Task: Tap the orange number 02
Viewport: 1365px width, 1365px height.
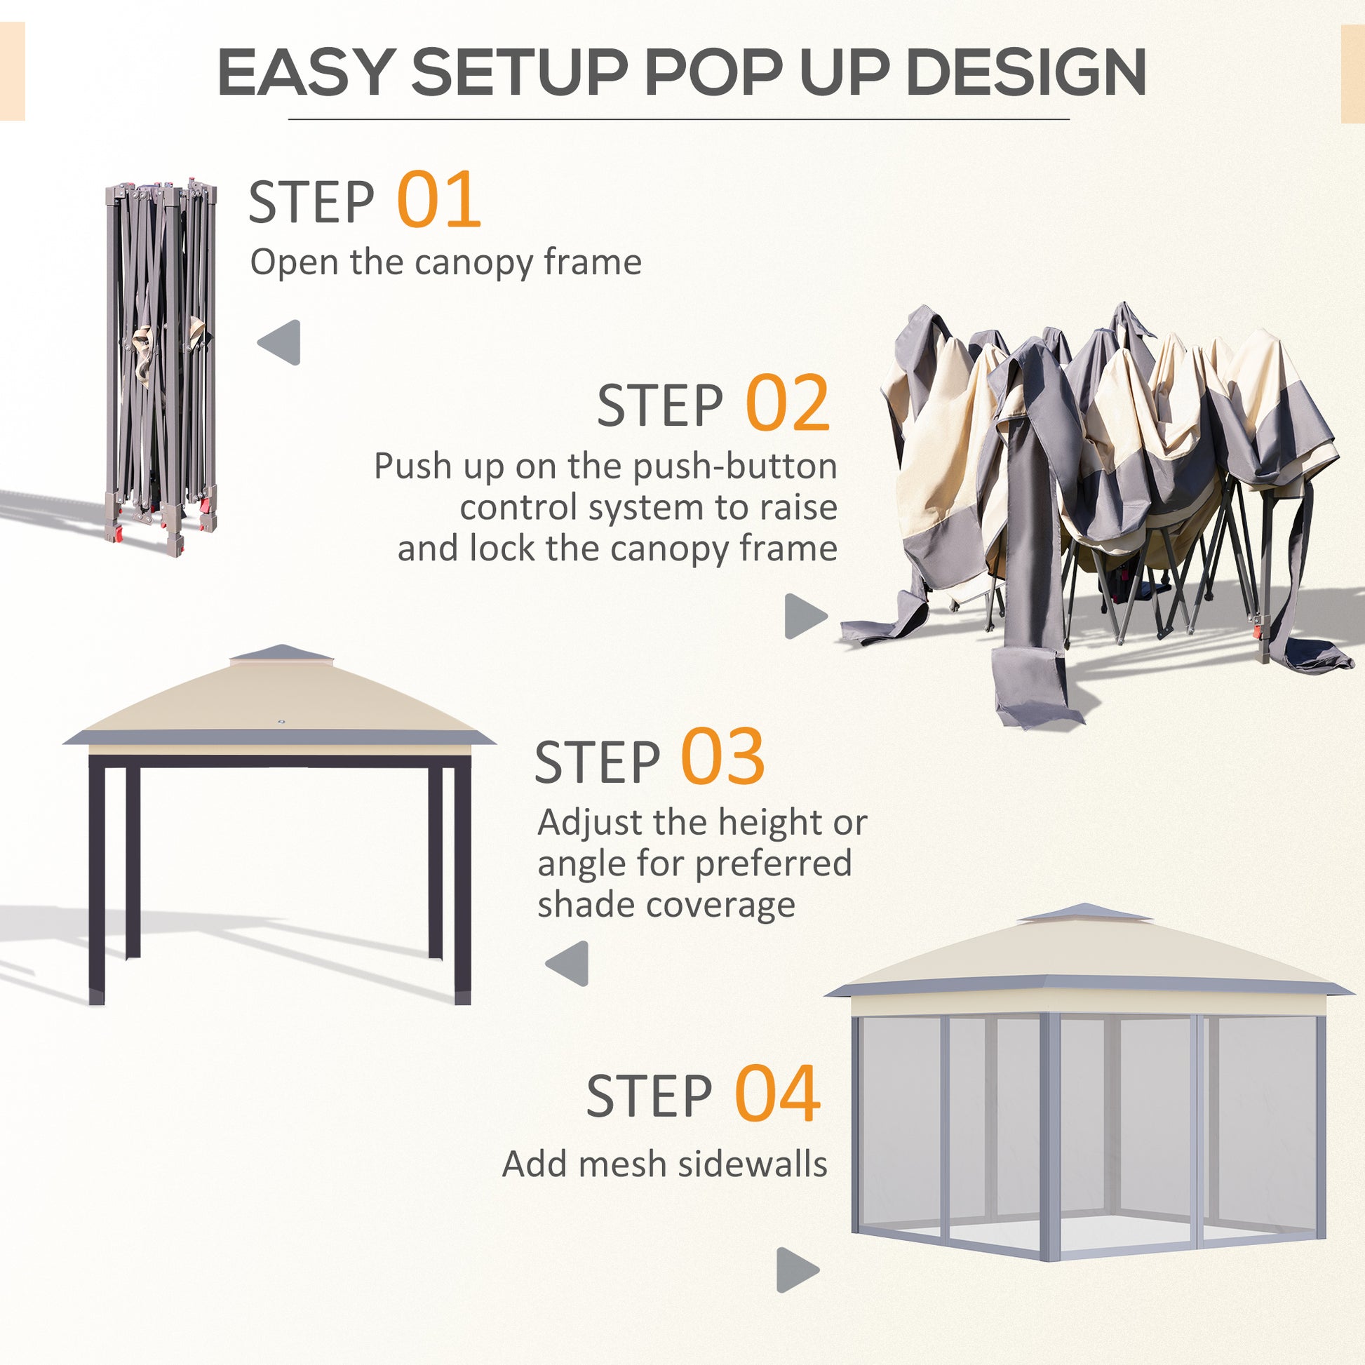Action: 787,403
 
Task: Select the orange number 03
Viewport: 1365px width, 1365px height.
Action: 722,758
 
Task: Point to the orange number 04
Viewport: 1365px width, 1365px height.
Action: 777,1094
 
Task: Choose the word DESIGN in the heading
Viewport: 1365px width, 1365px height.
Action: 1026,72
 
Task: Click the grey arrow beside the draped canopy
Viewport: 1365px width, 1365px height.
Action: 805,615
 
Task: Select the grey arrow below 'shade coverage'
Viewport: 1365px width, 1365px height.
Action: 568,963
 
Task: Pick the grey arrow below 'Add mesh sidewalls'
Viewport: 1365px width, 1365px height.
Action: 796,1270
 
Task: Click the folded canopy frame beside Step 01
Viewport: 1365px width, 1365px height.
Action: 161,368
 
